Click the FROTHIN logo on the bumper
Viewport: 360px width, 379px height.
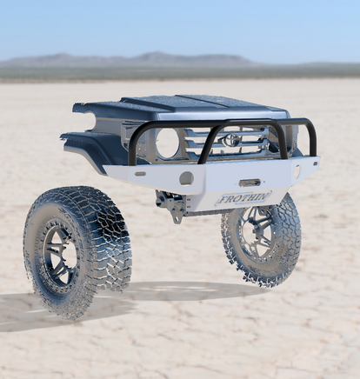(243, 198)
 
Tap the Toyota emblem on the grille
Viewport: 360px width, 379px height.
(230, 140)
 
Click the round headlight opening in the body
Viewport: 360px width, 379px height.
(167, 143)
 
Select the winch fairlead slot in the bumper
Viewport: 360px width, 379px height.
(250, 183)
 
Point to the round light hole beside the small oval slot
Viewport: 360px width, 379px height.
(186, 178)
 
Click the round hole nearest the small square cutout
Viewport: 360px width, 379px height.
(297, 171)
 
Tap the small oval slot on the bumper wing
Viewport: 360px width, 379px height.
(140, 174)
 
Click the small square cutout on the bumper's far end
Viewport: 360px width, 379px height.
(315, 164)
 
